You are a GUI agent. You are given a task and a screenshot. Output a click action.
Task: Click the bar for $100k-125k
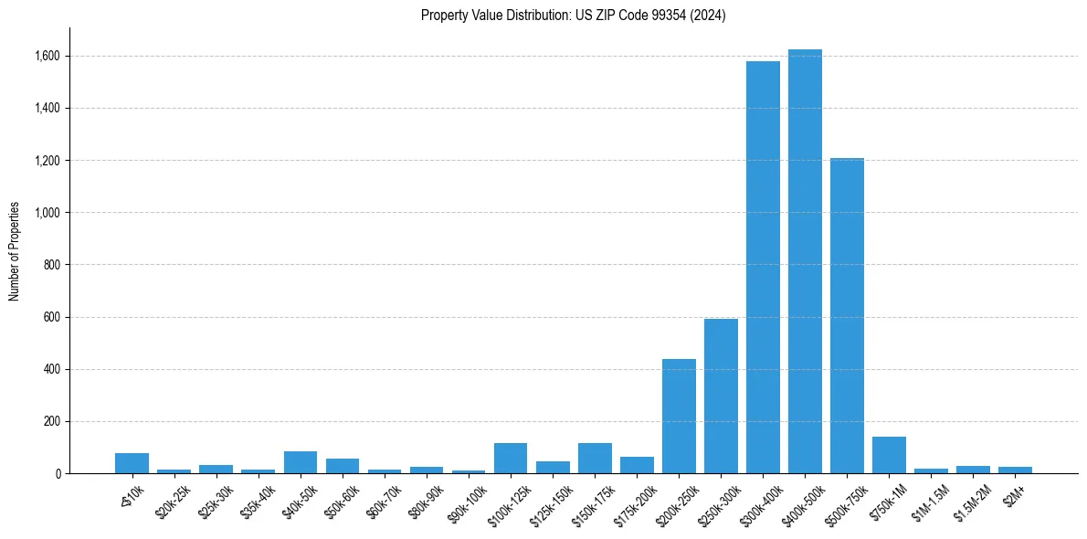coord(511,459)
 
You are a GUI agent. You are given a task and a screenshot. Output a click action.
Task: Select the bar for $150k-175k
coord(595,459)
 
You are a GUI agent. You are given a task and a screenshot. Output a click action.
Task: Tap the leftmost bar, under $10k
coord(132,463)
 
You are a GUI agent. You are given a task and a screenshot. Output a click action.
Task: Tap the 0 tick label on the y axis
coord(58,474)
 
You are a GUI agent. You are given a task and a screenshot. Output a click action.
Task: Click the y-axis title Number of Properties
coord(14,251)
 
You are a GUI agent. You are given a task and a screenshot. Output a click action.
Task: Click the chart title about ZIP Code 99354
coord(573,16)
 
